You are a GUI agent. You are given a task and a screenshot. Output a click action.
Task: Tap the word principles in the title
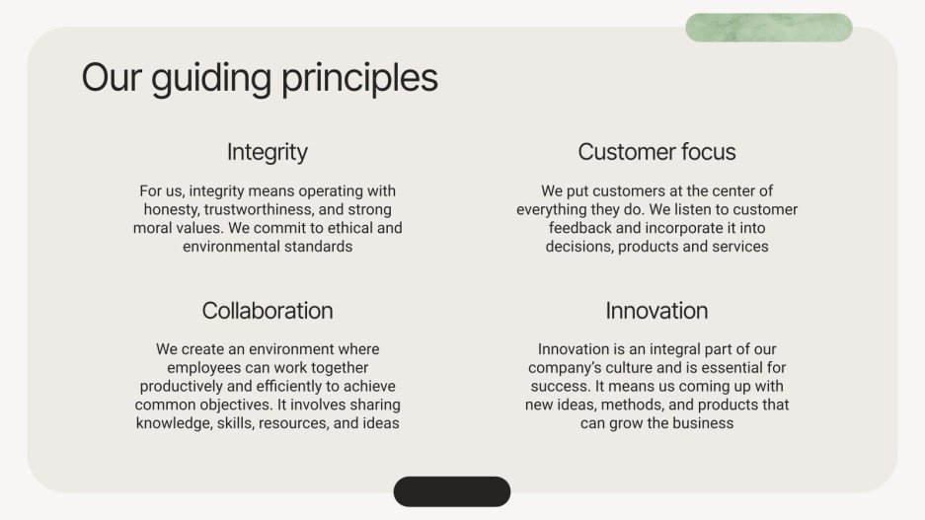pyautogui.click(x=360, y=78)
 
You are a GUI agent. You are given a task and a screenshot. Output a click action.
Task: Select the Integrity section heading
pyautogui.click(x=268, y=152)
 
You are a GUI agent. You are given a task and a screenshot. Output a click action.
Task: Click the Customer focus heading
pyautogui.click(x=656, y=152)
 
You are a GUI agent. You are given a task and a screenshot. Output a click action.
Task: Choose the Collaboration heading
pyautogui.click(x=268, y=311)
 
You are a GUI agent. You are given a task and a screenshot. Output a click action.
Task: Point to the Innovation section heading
pyautogui.click(x=656, y=311)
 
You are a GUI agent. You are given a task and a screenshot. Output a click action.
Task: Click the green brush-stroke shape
pyautogui.click(x=768, y=28)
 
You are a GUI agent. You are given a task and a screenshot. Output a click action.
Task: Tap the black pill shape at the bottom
pyautogui.click(x=452, y=491)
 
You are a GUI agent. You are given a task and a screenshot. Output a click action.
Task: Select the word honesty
pyautogui.click(x=172, y=209)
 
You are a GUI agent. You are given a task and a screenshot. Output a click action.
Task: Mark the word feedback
pyautogui.click(x=581, y=228)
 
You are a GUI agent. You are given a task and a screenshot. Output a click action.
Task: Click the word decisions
pyautogui.click(x=579, y=247)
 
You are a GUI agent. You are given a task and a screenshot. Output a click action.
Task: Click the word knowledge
pyautogui.click(x=175, y=423)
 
